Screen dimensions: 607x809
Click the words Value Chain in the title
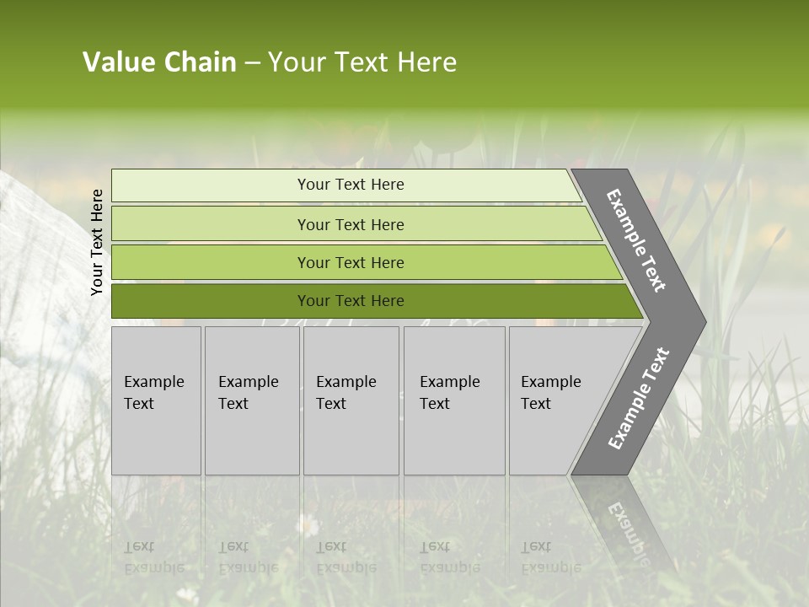(x=159, y=62)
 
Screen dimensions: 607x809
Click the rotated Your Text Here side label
(x=97, y=242)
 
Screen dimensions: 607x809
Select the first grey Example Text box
(x=156, y=400)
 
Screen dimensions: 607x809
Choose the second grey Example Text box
(x=252, y=400)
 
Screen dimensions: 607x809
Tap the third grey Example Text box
(x=351, y=400)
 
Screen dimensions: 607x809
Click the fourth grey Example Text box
(x=454, y=400)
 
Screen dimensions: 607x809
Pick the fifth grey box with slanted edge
(x=552, y=400)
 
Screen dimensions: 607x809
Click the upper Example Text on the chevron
(x=636, y=240)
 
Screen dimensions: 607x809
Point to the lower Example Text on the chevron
(x=638, y=399)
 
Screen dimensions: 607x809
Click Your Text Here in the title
(x=362, y=62)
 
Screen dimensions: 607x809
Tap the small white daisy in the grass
(x=308, y=525)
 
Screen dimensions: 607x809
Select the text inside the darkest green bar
(x=351, y=301)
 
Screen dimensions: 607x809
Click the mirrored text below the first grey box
(x=153, y=556)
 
